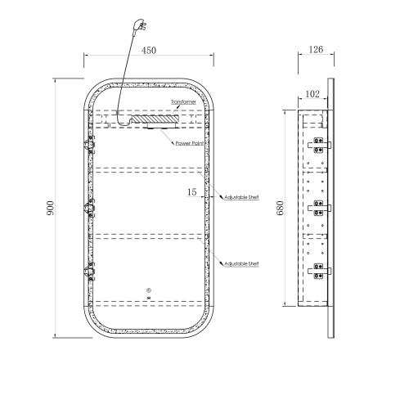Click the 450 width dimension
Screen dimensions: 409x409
(149, 51)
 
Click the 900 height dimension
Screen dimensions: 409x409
(51, 208)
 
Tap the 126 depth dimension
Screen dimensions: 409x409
(316, 49)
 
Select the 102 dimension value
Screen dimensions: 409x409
(312, 94)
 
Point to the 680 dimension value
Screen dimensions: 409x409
(281, 208)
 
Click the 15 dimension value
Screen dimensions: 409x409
(191, 192)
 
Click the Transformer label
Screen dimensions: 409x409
(183, 102)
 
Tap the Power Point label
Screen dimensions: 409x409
(190, 143)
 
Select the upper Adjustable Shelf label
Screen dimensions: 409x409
(241, 197)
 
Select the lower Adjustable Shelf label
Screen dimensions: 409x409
(241, 263)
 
